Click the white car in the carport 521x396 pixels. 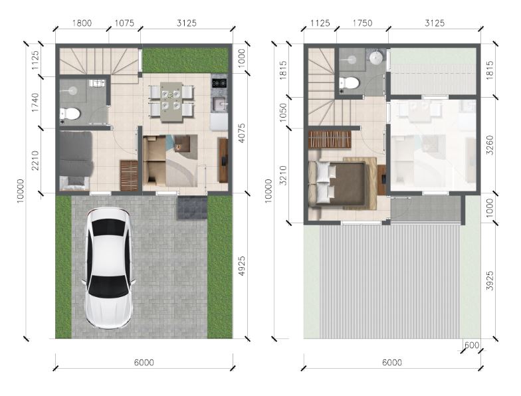[109, 268]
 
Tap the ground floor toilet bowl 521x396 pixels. [70, 114]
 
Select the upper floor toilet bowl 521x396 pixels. [349, 82]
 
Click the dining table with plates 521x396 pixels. [171, 102]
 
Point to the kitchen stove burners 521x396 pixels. [219, 82]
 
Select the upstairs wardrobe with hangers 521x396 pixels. [330, 140]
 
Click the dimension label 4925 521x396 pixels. [242, 266]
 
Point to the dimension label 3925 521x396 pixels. [490, 280]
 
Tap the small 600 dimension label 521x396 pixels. [472, 346]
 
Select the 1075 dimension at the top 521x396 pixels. [124, 23]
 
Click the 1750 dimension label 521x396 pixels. [362, 23]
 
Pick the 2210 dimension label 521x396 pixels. [35, 161]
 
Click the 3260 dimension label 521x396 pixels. [490, 145]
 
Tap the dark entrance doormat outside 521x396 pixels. [192, 207]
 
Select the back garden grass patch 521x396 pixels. [185, 60]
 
